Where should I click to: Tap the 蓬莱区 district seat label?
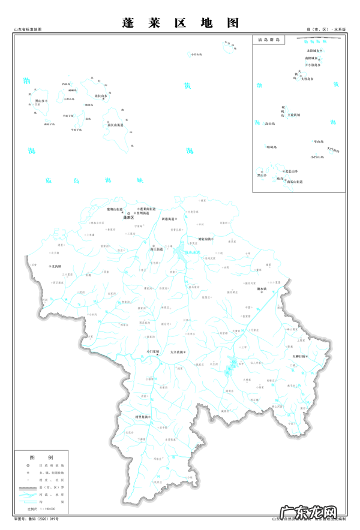click(128, 217)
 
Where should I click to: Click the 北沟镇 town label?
click(56, 266)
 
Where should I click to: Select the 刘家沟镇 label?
click(205, 239)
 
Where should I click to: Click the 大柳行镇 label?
click(299, 357)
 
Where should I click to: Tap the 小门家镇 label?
click(153, 351)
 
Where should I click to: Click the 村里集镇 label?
click(142, 416)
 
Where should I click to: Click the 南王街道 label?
click(157, 248)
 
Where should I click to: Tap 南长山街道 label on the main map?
click(116, 125)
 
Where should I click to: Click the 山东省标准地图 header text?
click(29, 29)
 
